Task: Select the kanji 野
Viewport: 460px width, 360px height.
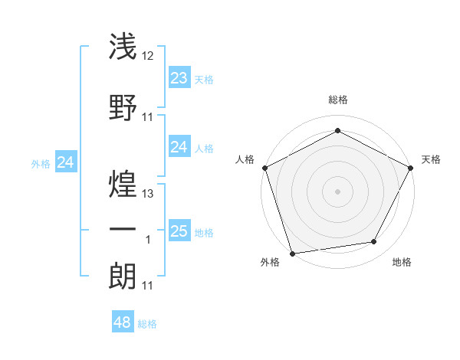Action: coord(122,108)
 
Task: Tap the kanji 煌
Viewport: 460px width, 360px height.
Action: coord(122,181)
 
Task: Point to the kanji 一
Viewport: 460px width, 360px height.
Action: coord(122,230)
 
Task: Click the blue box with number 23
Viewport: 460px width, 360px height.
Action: coord(179,78)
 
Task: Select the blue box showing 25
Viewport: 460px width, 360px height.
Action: coord(179,231)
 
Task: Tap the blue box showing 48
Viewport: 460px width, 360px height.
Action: coord(122,322)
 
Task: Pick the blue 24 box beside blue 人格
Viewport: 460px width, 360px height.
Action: coord(179,147)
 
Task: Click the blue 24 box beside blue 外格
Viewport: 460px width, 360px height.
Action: coord(65,162)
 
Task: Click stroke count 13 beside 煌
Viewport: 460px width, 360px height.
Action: coord(148,193)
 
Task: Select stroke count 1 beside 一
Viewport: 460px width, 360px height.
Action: coord(148,240)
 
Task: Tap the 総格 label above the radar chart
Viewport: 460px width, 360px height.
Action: coord(337,100)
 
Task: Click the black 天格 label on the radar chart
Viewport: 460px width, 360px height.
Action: coord(431,159)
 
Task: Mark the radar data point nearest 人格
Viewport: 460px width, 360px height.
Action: coord(264,167)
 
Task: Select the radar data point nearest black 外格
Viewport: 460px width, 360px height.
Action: coord(292,253)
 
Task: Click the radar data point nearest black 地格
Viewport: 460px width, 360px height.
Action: coord(374,242)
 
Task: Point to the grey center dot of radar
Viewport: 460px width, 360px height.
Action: coord(337,191)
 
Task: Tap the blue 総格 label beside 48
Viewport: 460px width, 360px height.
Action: coord(147,324)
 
